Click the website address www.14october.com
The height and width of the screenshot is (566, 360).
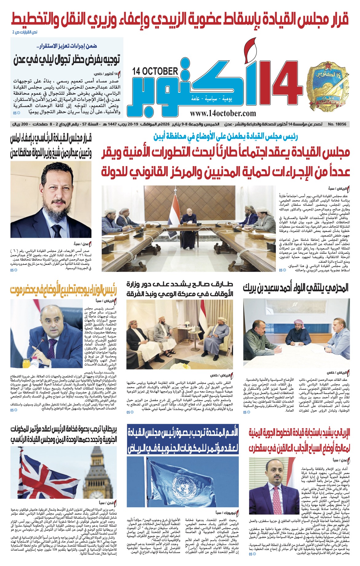223,113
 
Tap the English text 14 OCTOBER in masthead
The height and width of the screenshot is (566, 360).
155,72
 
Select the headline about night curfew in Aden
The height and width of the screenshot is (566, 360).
67,59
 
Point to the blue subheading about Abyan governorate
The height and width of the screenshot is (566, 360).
226,136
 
